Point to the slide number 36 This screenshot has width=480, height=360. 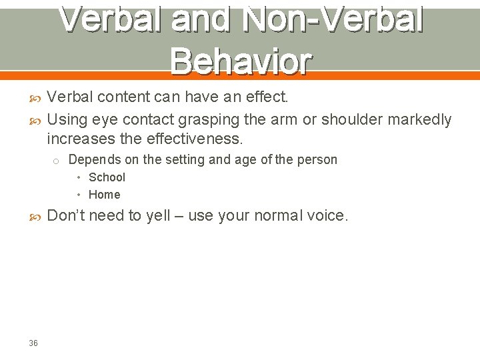coord(33,343)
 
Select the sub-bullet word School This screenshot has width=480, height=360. coord(107,177)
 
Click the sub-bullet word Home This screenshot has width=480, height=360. coord(104,195)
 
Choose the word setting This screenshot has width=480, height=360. coord(185,160)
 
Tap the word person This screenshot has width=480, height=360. coord(317,160)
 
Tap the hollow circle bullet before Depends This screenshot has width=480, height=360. coord(57,161)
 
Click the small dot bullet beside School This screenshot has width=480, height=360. coord(79,177)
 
